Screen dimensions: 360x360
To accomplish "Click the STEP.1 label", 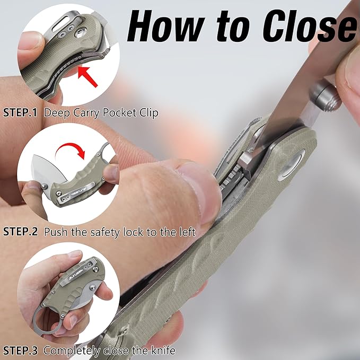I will (21, 113).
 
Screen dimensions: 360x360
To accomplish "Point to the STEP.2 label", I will (21, 232).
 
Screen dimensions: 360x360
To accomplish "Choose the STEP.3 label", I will (21, 350).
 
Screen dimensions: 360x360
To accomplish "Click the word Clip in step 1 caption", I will (148, 113).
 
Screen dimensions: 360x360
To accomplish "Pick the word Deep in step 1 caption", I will (54, 113).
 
